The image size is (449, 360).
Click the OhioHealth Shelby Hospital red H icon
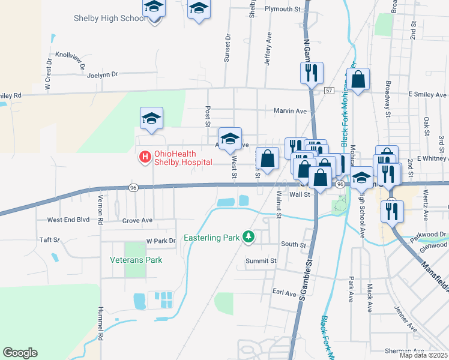145,157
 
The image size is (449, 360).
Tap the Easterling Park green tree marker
249,238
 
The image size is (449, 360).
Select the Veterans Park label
136,260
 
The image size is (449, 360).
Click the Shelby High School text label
110,18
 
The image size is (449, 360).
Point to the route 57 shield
329,90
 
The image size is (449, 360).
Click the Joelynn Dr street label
103,75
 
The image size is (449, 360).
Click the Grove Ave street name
137,221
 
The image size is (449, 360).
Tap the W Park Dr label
161,241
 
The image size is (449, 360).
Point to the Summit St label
261,261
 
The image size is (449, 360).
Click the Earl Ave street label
285,293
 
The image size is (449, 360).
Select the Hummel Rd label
100,324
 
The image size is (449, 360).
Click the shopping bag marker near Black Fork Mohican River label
358,79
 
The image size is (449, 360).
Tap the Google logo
20,353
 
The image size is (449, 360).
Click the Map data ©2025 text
423,355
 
